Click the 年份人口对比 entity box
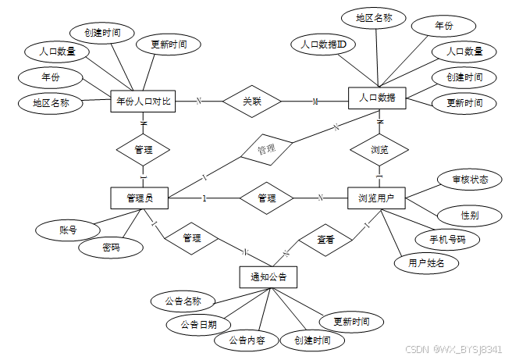tap(143, 102)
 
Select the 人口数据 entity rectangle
tap(377, 98)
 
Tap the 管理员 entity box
tap(140, 198)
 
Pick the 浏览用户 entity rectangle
tap(376, 198)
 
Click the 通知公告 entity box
tap(268, 277)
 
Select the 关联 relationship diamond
tap(252, 102)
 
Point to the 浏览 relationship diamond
tap(379, 150)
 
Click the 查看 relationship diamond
tap(325, 240)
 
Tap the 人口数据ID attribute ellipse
tap(323, 45)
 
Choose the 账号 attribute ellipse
tap(68, 230)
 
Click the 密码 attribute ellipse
tap(111, 248)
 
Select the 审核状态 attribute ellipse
tap(470, 180)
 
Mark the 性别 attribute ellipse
tap(470, 216)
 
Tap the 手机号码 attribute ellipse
tap(447, 240)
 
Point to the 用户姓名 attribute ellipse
tap(426, 263)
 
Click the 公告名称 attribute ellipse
tap(183, 301)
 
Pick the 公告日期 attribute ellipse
tap(198, 325)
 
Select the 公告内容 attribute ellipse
tap(247, 340)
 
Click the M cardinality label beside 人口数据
tap(315, 102)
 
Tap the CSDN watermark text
tap(417, 350)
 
